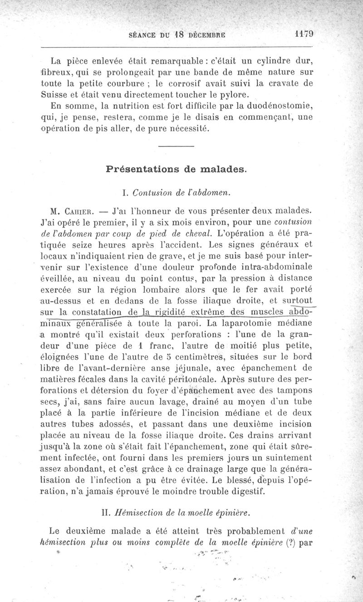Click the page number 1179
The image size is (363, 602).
point(304,34)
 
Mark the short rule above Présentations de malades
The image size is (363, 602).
point(177,146)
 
